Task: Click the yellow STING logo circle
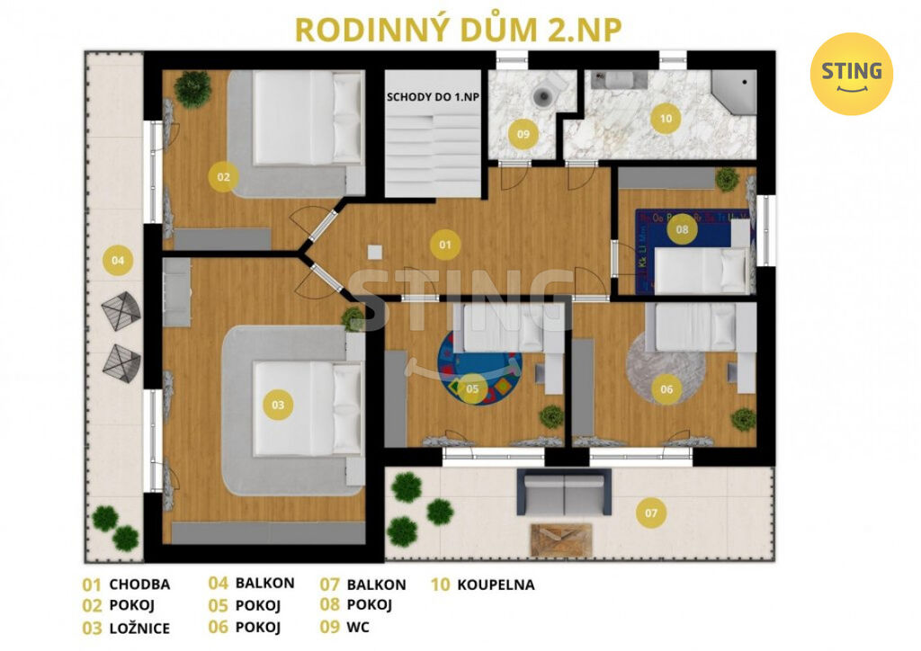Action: (x=851, y=74)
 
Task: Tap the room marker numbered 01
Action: (x=445, y=245)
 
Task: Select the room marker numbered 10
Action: (x=666, y=119)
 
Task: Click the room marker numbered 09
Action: (x=523, y=134)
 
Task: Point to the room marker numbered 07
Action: (x=651, y=513)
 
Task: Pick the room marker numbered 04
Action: (x=118, y=260)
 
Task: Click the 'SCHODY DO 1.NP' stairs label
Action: (x=433, y=97)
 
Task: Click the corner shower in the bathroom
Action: (x=734, y=91)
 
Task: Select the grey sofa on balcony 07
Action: (x=563, y=492)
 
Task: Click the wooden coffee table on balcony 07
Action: (x=561, y=540)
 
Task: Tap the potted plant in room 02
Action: (x=192, y=89)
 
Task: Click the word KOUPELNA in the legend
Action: (x=496, y=584)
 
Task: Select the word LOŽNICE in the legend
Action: (x=139, y=629)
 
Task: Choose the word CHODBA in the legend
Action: (x=139, y=584)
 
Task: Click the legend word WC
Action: (x=358, y=627)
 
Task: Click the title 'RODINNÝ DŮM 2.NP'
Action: (x=458, y=30)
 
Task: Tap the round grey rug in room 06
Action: (x=665, y=369)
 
